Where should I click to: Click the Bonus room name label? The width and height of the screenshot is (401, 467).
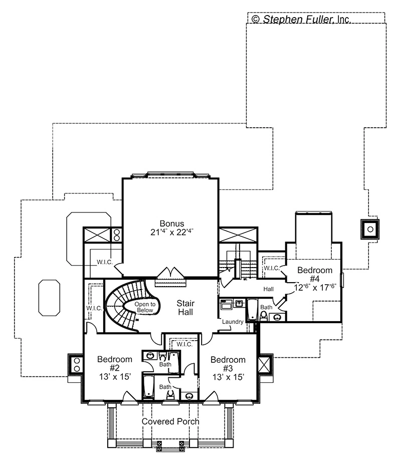coord(172,223)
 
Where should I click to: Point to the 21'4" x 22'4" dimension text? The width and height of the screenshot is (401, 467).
coord(172,232)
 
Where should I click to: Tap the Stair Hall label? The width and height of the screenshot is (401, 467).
coord(185,308)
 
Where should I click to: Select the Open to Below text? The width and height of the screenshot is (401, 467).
coord(145,307)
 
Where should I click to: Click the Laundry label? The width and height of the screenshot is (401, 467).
coord(233,322)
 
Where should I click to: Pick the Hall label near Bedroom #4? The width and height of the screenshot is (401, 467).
coord(269,289)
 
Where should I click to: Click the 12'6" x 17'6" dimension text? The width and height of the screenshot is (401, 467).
coord(315,288)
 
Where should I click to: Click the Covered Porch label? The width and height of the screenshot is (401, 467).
coord(170,421)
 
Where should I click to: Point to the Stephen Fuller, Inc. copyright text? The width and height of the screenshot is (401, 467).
coord(301,19)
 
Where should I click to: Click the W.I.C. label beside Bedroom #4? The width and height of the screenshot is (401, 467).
coord(271,268)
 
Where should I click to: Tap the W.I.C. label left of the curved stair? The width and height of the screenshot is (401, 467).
coord(94,308)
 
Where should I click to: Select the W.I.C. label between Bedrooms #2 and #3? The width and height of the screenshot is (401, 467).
coord(184,344)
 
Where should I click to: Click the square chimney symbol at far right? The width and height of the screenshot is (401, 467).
coord(370,229)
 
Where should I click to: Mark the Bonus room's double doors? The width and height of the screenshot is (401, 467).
coord(170,273)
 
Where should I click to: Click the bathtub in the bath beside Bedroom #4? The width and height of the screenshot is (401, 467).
coord(252,310)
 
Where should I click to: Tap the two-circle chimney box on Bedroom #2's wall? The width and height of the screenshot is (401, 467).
coord(76,364)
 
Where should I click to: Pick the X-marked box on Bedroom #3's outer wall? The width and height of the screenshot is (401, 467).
coord(264,364)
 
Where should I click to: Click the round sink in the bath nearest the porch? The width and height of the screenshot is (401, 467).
coord(189,396)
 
